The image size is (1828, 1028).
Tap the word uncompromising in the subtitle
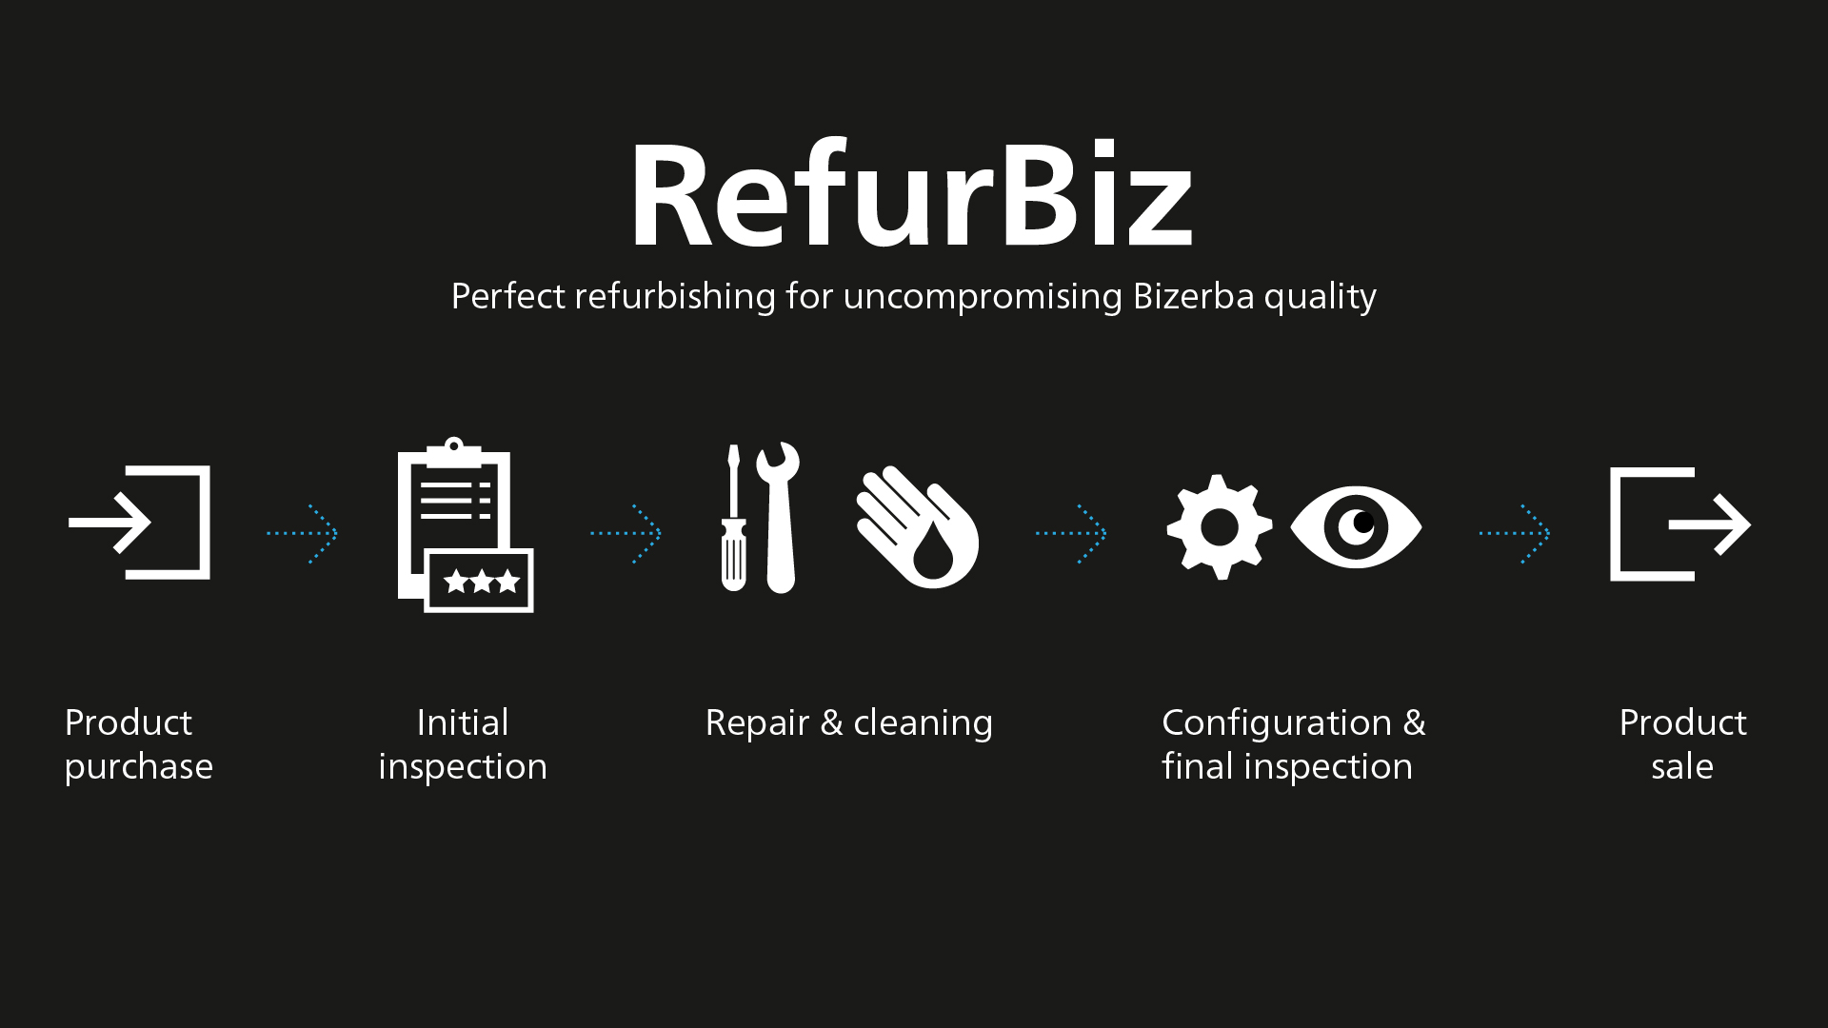point(984,297)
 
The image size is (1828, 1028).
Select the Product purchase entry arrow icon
point(140,523)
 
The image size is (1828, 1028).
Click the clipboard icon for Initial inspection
point(466,524)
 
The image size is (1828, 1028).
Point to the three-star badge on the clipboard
point(480,581)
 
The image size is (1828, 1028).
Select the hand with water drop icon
point(917,526)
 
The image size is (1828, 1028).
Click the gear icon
point(1220,526)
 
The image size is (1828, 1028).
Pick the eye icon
point(1356,526)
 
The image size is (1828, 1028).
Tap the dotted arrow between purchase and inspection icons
point(303,533)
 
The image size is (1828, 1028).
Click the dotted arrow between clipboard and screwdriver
point(626,533)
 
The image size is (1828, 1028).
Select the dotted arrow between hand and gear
point(1071,533)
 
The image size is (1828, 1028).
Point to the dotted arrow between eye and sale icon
point(1515,533)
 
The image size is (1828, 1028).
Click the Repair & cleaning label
point(849,722)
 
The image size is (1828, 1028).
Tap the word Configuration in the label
point(1277,723)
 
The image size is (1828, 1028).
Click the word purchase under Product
point(139,767)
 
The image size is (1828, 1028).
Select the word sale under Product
point(1682,766)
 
